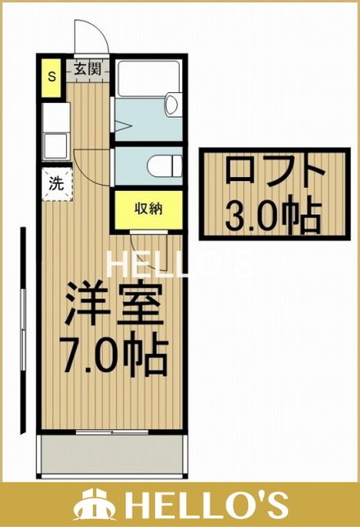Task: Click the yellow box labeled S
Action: pyautogui.click(x=51, y=77)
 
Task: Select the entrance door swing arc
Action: pyautogui.click(x=91, y=37)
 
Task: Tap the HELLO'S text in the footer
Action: pyautogui.click(x=206, y=504)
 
